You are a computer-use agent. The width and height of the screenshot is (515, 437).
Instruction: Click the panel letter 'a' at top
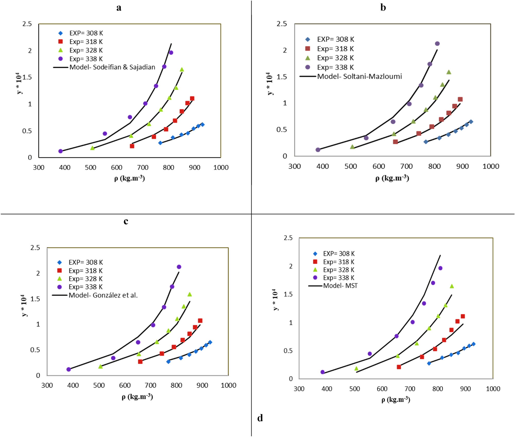tap(119, 8)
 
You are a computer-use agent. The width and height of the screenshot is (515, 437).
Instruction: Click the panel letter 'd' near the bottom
tap(260, 418)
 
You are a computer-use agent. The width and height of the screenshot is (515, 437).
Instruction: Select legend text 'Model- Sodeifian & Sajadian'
tap(112, 67)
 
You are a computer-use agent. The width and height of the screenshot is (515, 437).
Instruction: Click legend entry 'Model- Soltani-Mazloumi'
tap(359, 76)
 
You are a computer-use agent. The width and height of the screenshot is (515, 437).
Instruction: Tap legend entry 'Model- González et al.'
tap(103, 295)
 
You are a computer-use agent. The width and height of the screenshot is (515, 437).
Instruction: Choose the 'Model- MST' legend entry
tap(340, 286)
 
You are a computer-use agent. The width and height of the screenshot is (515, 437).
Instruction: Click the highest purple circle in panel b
tap(437, 44)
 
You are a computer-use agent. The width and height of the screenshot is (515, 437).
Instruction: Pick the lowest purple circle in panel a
tap(61, 151)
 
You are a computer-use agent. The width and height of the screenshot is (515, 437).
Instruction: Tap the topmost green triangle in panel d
tap(452, 286)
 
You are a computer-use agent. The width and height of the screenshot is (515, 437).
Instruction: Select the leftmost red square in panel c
tap(140, 362)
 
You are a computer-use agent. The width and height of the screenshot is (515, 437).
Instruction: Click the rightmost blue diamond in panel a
tap(202, 125)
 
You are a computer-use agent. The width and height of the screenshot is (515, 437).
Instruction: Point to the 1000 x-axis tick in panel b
tap(491, 166)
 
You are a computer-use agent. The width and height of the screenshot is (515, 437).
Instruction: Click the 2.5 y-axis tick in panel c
tap(35, 248)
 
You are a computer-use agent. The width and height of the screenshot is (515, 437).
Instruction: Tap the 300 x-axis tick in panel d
tap(299, 389)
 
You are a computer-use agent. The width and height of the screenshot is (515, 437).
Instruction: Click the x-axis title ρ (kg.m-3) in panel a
tap(130, 178)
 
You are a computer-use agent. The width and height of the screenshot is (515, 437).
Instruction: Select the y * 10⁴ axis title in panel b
tap(270, 84)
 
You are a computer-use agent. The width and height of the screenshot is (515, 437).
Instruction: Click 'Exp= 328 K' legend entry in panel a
tap(86, 50)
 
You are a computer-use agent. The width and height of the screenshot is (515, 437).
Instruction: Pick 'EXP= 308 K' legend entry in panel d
tap(339, 254)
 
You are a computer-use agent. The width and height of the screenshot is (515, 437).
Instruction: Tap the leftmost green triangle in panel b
tap(352, 147)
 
